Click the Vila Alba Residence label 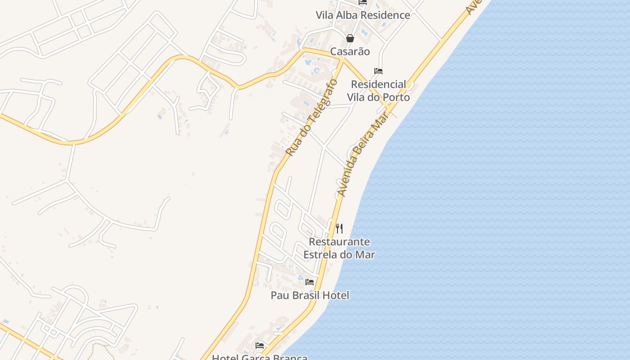363,15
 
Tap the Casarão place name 350,51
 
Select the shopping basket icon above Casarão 350,38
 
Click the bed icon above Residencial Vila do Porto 378,71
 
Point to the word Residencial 378,84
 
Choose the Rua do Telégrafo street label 311,118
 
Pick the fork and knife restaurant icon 339,229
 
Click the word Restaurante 339,242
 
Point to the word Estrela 321,254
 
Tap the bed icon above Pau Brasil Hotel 310,282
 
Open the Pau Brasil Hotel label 310,295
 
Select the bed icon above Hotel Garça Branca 260,346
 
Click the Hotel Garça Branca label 260,357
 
